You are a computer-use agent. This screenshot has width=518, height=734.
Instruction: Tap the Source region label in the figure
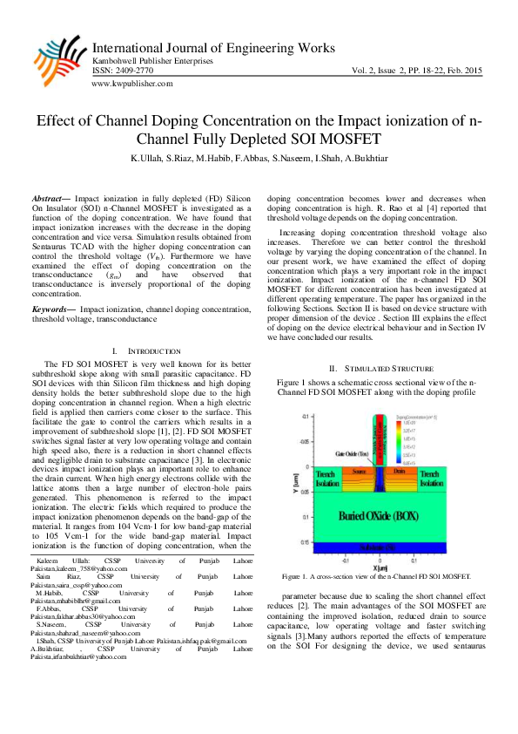pos(356,472)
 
